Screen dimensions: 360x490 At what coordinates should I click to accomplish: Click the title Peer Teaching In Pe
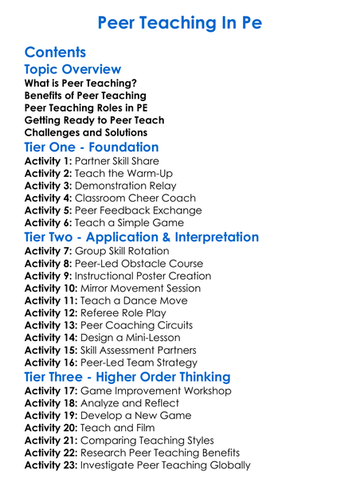coord(179,22)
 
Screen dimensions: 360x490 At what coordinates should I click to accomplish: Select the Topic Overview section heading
coord(72,70)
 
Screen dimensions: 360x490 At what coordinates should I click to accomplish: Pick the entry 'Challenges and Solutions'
coord(85,132)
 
